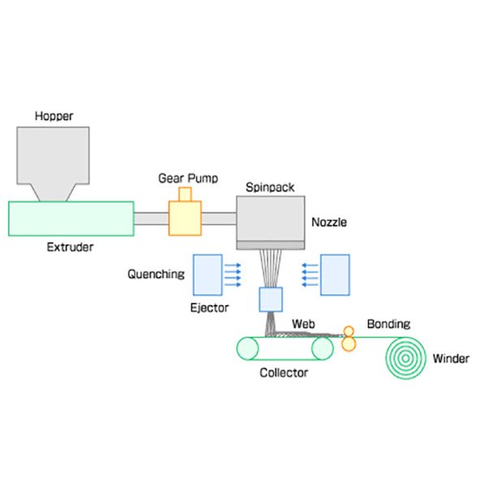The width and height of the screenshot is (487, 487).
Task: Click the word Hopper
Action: coord(53,116)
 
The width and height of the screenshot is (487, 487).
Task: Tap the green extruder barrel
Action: coord(71,219)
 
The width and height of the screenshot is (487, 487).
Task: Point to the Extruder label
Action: coord(70,247)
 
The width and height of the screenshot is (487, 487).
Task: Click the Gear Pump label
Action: coord(184,177)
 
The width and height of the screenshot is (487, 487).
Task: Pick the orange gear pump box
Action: coord(184,218)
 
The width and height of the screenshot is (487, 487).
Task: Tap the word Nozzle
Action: coord(329,221)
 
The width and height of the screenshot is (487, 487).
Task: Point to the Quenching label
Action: coord(156,274)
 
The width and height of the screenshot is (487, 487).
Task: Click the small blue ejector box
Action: coord(269,300)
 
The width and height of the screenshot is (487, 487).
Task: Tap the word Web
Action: coord(303,323)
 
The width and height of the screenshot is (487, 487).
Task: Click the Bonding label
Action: coord(388,323)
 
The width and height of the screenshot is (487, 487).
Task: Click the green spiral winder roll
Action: coord(406,357)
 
